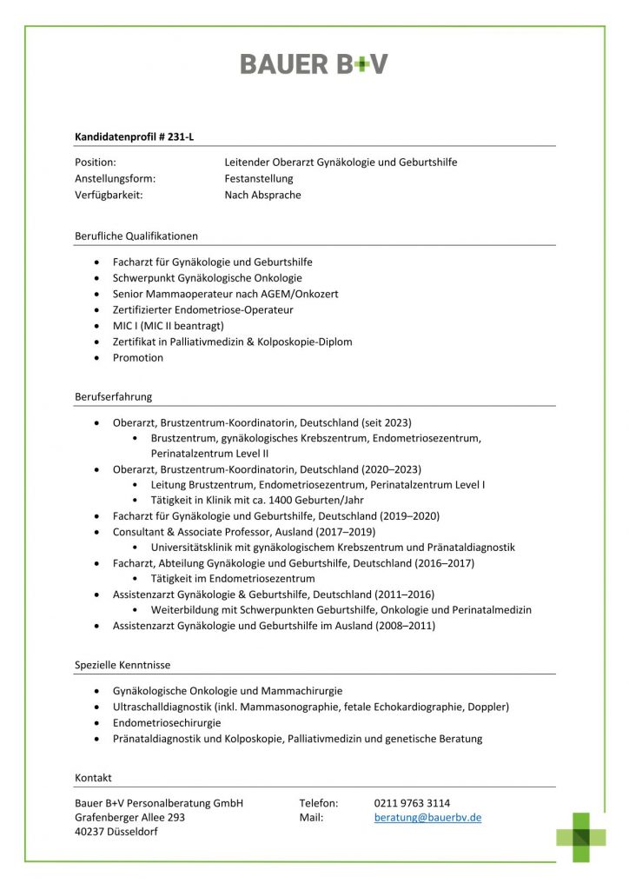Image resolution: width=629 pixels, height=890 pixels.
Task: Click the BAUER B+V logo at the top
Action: (314, 63)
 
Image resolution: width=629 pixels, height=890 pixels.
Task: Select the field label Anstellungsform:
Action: (115, 179)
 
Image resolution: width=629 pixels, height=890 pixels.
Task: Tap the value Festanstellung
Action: (259, 179)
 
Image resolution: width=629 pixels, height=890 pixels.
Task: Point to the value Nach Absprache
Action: (262, 196)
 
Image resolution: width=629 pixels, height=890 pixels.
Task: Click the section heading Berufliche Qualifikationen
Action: (136, 236)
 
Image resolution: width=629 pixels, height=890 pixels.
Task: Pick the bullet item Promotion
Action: (137, 358)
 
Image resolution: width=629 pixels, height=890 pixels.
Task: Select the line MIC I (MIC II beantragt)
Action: (168, 326)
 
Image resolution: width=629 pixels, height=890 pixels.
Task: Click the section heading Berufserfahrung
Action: (113, 397)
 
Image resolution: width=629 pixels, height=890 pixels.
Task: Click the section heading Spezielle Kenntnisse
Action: (122, 665)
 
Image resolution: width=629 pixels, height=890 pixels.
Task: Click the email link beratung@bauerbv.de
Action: (427, 818)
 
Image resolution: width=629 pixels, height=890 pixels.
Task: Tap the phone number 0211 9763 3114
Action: (412, 802)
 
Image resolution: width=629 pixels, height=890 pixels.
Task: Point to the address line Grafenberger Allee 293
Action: (129, 818)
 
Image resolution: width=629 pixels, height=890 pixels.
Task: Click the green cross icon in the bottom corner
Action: (581, 837)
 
